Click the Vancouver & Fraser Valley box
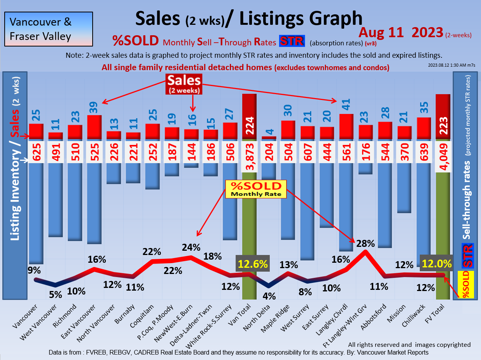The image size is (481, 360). (48, 29)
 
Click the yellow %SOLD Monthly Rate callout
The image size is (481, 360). (256, 189)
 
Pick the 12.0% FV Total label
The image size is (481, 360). (437, 264)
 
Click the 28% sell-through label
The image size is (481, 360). (365, 244)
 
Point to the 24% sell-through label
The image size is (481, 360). (191, 247)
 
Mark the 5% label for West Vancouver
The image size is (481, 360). (55, 295)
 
